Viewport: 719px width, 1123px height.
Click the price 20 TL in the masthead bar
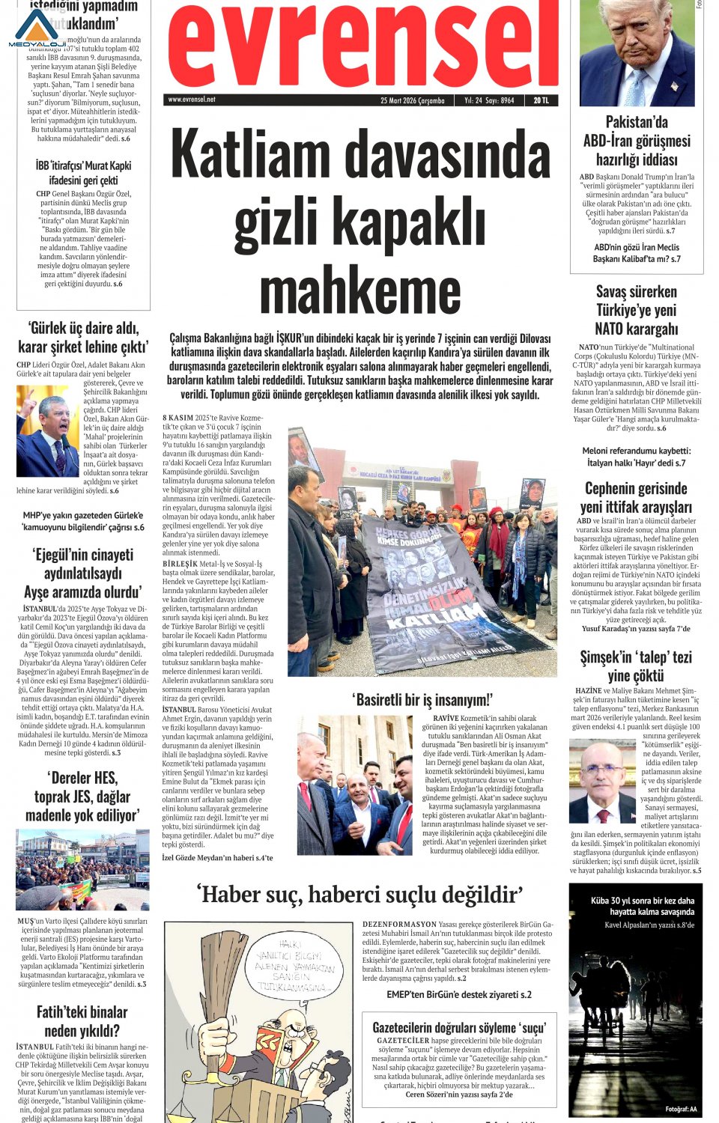click(541, 100)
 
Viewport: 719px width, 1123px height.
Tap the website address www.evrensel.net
click(192, 100)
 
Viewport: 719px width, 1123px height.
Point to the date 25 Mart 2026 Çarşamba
click(412, 100)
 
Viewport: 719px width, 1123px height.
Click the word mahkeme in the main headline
click(360, 291)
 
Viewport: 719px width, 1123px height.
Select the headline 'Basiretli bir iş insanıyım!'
click(422, 700)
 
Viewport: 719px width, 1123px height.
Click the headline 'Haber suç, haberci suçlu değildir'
click(359, 894)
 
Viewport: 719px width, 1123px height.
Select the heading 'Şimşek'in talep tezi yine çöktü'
click(636, 666)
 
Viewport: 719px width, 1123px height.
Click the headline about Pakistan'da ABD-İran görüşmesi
click(637, 141)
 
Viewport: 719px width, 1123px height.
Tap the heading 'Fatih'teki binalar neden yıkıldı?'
click(82, 1021)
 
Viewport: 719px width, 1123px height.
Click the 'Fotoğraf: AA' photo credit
click(681, 1109)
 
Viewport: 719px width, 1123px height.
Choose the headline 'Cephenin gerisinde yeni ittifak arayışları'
click(636, 497)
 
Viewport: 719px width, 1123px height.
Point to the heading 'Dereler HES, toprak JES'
click(82, 796)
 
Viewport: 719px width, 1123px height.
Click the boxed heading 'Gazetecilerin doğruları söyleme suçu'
click(459, 1027)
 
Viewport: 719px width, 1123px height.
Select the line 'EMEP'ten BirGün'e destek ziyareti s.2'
click(459, 994)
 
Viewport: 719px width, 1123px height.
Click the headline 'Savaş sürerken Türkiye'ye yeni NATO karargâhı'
click(636, 310)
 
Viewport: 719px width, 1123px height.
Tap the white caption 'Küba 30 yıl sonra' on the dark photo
click(642, 906)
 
